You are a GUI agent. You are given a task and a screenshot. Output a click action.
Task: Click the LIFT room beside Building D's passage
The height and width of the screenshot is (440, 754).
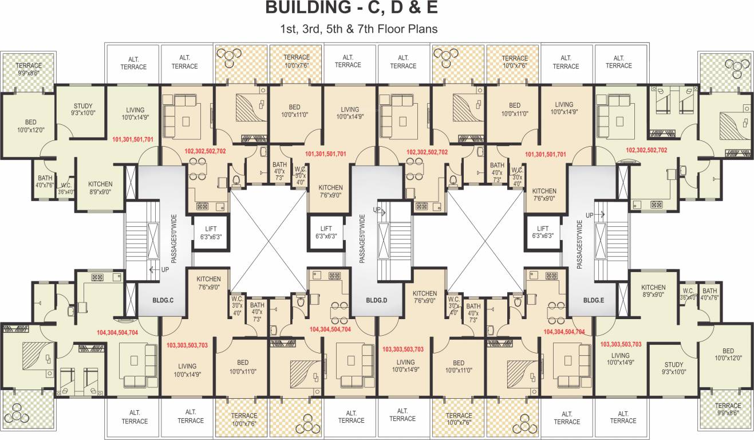click(x=326, y=232)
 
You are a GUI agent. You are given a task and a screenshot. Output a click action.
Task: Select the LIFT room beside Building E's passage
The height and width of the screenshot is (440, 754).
click(x=542, y=232)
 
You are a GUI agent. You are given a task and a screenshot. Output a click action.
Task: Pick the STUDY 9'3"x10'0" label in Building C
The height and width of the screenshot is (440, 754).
click(x=83, y=110)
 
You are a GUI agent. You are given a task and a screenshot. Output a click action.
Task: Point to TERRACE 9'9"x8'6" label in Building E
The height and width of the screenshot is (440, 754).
click(x=728, y=408)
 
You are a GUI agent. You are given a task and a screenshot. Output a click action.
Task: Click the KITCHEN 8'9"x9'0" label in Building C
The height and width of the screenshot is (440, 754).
click(x=100, y=188)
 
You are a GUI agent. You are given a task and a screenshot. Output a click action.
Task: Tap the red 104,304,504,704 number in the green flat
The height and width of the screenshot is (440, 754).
click(x=117, y=332)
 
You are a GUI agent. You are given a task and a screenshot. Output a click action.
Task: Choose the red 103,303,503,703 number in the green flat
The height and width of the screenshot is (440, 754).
click(x=621, y=344)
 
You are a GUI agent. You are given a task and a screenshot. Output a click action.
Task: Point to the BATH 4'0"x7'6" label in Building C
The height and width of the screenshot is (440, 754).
click(x=45, y=182)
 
